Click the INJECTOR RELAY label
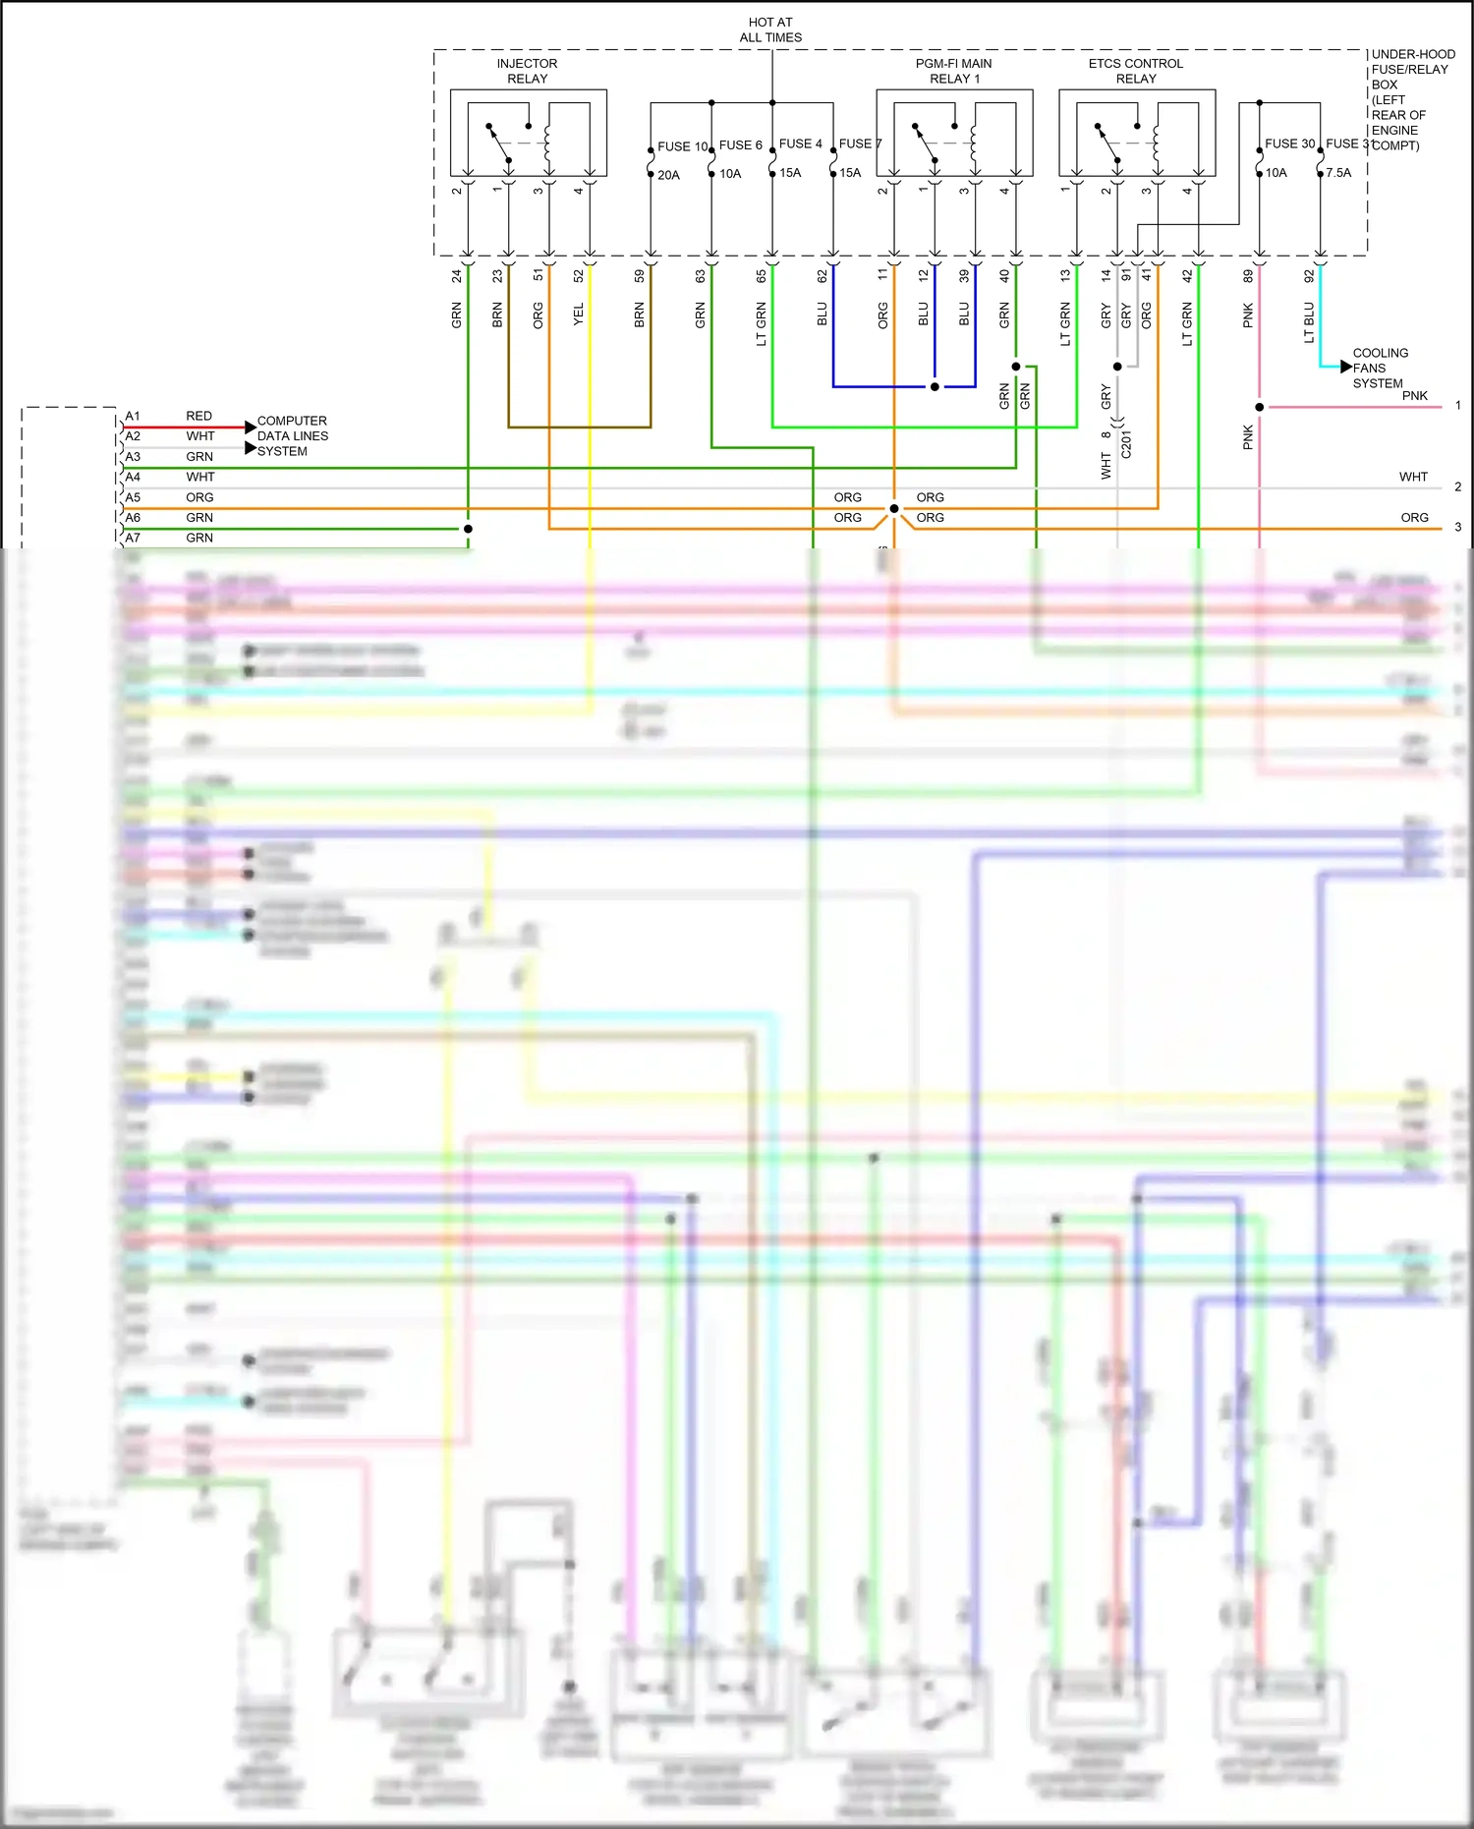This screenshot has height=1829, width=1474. (x=527, y=71)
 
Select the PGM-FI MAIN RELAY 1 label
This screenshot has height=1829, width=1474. (x=954, y=71)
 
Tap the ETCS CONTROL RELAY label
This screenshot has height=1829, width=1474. (x=1136, y=71)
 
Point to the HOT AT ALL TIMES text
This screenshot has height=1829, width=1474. (x=770, y=29)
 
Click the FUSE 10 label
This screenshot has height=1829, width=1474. (x=682, y=146)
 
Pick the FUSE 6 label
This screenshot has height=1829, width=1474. (x=740, y=144)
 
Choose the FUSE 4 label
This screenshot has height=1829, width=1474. (x=800, y=143)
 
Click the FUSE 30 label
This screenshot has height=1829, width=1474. (x=1289, y=143)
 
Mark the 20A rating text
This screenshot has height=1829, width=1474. (x=668, y=175)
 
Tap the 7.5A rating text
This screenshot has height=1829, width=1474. (x=1338, y=172)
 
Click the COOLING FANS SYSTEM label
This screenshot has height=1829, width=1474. (x=1380, y=368)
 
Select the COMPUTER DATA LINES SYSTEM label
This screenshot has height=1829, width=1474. (x=292, y=435)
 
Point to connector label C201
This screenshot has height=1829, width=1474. (x=1126, y=444)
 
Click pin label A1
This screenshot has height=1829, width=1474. (x=133, y=416)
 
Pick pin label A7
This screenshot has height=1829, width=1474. (x=133, y=538)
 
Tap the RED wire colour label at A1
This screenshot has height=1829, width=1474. (x=198, y=416)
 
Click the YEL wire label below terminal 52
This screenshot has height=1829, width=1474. (x=578, y=314)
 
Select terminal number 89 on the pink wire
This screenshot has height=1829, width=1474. (x=1248, y=276)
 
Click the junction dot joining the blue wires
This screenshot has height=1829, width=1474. (x=935, y=386)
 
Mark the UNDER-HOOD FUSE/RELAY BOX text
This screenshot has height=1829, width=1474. (x=1412, y=99)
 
